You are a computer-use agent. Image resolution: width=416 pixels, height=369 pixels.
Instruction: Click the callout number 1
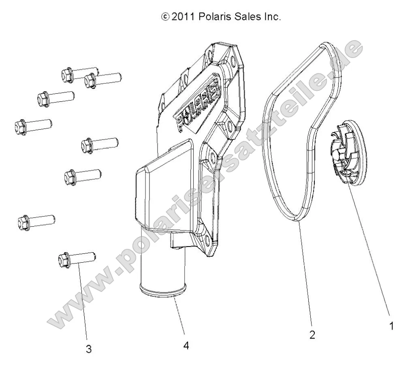click(391, 326)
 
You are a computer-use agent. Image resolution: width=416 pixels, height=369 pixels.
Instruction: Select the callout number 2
click(312, 335)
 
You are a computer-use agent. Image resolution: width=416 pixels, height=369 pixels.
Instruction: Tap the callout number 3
click(88, 349)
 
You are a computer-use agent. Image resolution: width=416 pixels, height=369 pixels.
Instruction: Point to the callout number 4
click(186, 345)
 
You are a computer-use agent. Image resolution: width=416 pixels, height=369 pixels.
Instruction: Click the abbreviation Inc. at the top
click(271, 17)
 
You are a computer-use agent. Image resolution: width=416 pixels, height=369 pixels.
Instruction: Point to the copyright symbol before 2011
click(165, 17)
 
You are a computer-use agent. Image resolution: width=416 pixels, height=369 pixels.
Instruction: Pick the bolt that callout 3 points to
click(77, 258)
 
